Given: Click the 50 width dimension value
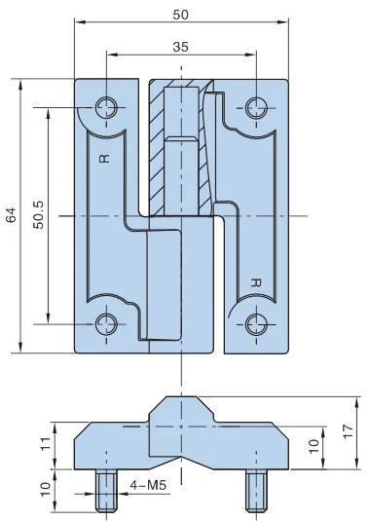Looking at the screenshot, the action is pyautogui.click(x=181, y=15).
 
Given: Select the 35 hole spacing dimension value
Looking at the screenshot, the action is pyautogui.click(x=181, y=47).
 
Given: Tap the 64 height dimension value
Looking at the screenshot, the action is pyautogui.click(x=11, y=214).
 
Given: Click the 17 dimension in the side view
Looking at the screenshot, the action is pyautogui.click(x=349, y=431).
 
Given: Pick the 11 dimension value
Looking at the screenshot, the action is pyautogui.click(x=46, y=443).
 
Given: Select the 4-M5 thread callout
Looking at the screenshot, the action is pyautogui.click(x=147, y=485).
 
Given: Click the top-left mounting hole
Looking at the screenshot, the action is pyautogui.click(x=106, y=108).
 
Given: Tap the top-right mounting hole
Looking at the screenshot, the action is pyautogui.click(x=256, y=108).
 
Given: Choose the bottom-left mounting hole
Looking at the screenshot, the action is pyautogui.click(x=106, y=324).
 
